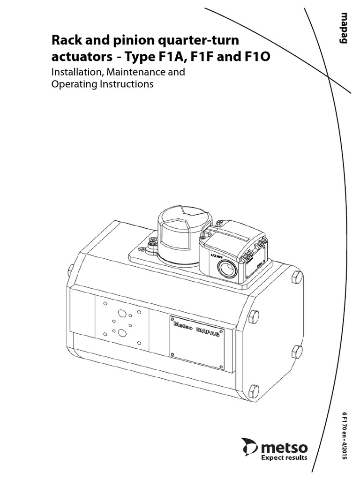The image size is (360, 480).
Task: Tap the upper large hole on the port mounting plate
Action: tap(121, 313)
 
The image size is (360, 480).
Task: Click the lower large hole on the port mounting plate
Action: tap(122, 333)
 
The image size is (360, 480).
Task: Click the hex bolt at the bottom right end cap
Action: tap(254, 390)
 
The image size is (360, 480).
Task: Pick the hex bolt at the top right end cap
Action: tap(296, 277)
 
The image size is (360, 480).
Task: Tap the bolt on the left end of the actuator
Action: tap(71, 270)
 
